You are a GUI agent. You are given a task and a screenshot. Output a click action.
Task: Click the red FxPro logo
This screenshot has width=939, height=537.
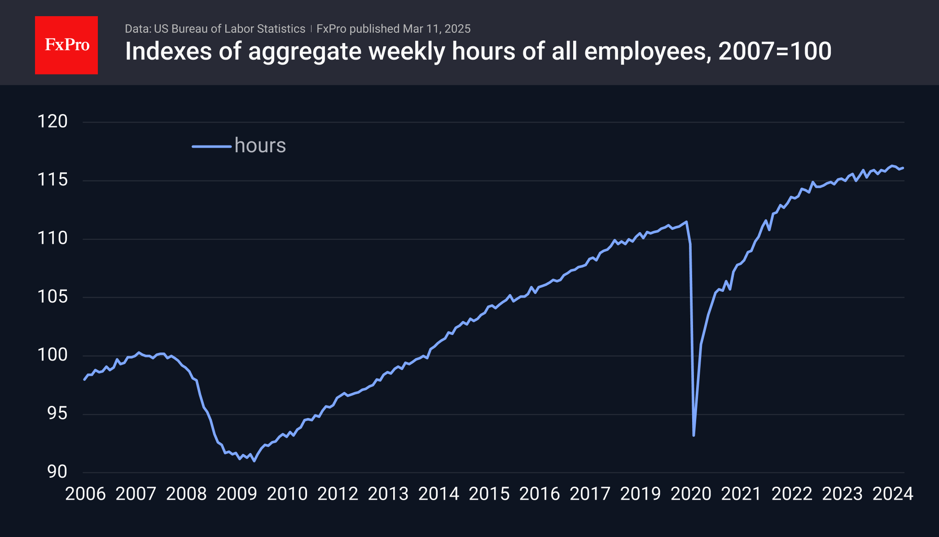click(x=66, y=45)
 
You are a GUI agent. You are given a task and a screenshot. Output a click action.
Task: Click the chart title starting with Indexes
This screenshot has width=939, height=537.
click(x=478, y=51)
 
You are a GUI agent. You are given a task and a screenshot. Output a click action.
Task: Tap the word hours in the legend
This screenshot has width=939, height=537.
click(x=260, y=145)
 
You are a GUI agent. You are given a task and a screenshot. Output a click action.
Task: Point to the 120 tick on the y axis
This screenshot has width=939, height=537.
click(x=53, y=122)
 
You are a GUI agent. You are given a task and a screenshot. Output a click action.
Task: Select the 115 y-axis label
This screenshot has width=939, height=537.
click(x=53, y=180)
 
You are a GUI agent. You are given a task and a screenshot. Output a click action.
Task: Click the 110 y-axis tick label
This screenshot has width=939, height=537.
click(x=53, y=238)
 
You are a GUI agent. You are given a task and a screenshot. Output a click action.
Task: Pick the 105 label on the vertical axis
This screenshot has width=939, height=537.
click(x=53, y=297)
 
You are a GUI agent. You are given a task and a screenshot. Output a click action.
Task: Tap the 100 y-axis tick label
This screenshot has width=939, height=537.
click(x=53, y=355)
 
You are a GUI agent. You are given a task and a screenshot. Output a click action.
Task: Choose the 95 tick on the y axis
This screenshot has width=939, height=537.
click(x=57, y=414)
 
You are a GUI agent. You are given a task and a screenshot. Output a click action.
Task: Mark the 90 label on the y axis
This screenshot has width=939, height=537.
click(x=57, y=472)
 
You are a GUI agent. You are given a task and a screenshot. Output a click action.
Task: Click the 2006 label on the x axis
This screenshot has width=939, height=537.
click(x=85, y=494)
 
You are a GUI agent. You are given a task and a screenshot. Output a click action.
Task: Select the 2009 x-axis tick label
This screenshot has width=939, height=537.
click(x=237, y=494)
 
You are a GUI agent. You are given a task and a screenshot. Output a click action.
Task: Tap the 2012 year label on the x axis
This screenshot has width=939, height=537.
click(x=338, y=494)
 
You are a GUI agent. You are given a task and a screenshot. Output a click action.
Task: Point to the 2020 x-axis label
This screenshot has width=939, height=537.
click(x=691, y=494)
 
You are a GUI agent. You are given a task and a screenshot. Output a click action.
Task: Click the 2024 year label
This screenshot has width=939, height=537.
click(x=893, y=494)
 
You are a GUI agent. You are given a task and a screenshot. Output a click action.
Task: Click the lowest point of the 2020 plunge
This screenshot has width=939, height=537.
click(x=693, y=435)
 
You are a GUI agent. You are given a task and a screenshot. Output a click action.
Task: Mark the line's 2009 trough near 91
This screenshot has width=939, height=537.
click(x=254, y=461)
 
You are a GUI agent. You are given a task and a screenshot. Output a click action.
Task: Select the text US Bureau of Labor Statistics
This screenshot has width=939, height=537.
click(x=229, y=29)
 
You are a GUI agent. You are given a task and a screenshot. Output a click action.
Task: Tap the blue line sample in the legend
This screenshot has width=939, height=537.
click(x=211, y=146)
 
